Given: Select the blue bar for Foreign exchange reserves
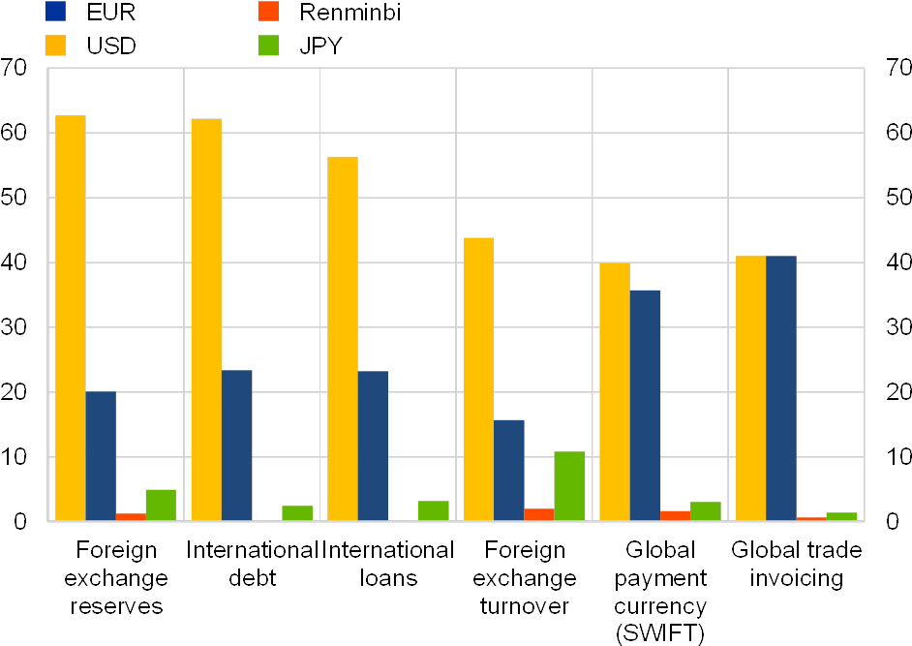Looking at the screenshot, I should [x=101, y=456].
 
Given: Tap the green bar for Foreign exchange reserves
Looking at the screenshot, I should [x=161, y=505].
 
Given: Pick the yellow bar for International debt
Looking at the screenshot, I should [x=206, y=320].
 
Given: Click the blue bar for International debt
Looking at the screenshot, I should [x=237, y=446].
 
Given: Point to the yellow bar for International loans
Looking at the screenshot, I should [x=343, y=339].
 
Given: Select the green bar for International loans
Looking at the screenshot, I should [x=434, y=510].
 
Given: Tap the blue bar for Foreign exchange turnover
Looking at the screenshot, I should [x=509, y=470].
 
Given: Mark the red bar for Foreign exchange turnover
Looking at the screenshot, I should [x=539, y=514].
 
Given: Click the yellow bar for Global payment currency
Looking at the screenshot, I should [x=615, y=391].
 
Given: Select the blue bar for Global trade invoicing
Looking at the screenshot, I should [x=781, y=388].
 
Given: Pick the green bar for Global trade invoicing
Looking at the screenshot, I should [x=841, y=516].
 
